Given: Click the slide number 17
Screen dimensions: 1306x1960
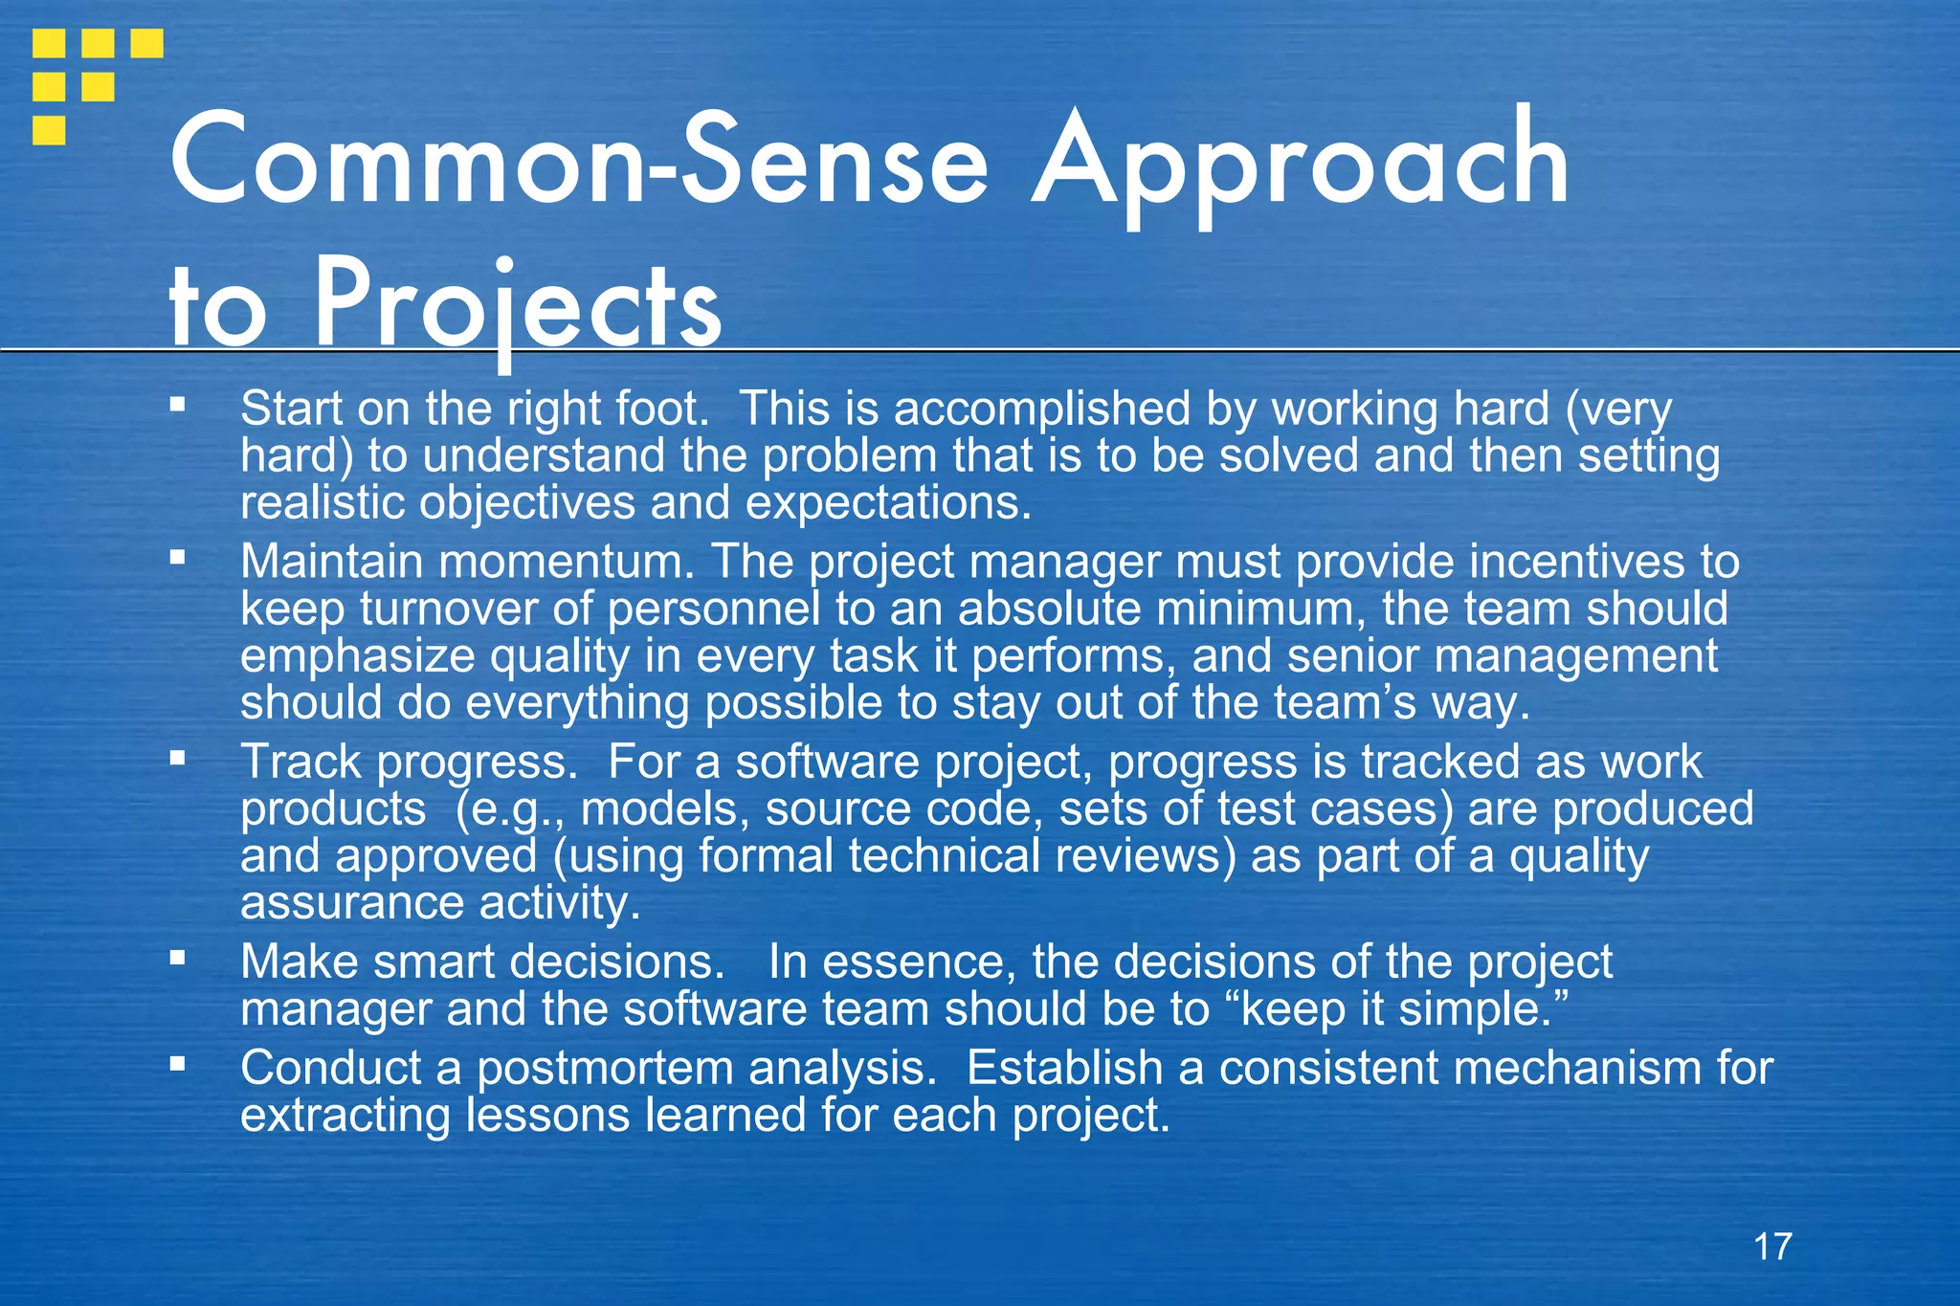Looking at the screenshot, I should pyautogui.click(x=1772, y=1247).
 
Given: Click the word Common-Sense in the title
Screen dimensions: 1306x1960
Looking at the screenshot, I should pyautogui.click(x=579, y=161).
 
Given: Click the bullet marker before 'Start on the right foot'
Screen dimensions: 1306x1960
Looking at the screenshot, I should pyautogui.click(x=177, y=405).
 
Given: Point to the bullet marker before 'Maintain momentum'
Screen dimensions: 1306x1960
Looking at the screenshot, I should pyautogui.click(x=177, y=558).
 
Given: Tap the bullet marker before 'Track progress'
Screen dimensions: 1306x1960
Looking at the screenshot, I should pyautogui.click(x=177, y=759).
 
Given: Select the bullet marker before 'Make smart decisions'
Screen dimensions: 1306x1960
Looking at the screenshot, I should pyautogui.click(x=177, y=957).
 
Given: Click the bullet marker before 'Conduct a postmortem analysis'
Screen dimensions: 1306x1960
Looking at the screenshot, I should pyautogui.click(x=177, y=1063).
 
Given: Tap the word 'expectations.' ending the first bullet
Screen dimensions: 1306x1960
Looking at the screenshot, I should pyautogui.click(x=889, y=503).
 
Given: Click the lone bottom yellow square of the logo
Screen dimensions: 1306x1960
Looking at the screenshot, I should pyautogui.click(x=49, y=130).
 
